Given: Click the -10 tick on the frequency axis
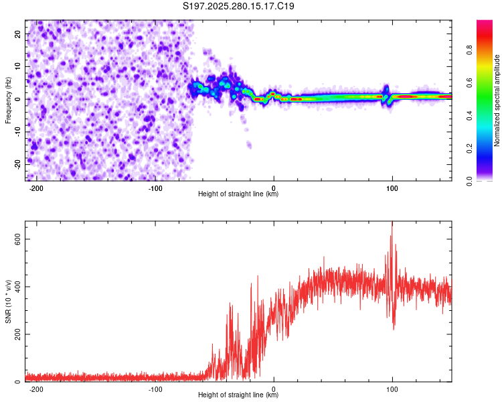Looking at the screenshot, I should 17,131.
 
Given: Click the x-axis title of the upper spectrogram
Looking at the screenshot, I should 238,194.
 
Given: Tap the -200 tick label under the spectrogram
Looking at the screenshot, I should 37,188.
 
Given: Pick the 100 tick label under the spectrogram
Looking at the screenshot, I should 392,188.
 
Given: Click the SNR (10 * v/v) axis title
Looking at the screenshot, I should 8,301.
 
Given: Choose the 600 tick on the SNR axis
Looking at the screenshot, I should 15,239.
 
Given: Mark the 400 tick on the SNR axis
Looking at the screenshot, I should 15,287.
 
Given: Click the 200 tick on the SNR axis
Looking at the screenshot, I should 15,334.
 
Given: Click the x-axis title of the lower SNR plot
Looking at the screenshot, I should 238,395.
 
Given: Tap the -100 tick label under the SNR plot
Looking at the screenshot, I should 155,389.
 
